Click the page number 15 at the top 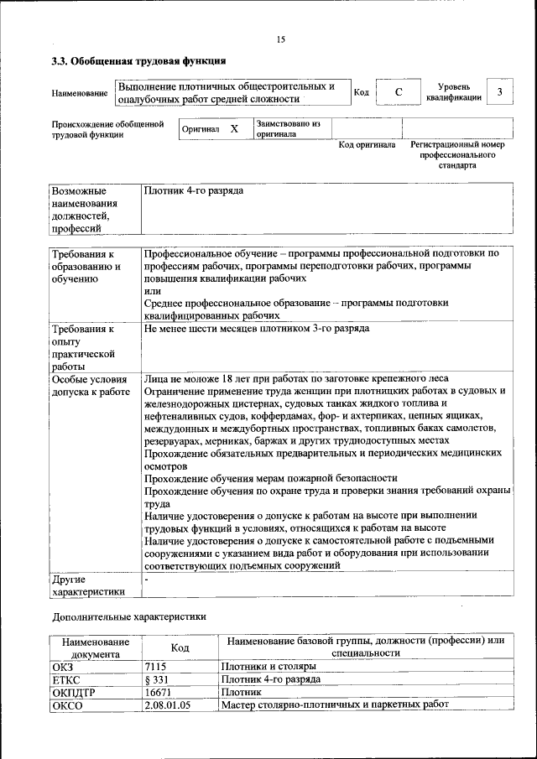click(281, 39)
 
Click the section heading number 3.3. click(60, 61)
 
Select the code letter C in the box click(399, 92)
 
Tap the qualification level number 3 click(500, 91)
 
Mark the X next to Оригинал click(234, 129)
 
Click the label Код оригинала click(367, 145)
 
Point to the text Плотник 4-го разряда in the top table click(194, 191)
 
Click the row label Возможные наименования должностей click(84, 209)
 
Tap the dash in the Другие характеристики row click(146, 579)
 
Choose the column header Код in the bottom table click(180, 647)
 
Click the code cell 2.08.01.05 click(168, 705)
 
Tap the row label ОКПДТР click(70, 693)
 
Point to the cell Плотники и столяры click(268, 667)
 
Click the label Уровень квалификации click(454, 92)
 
